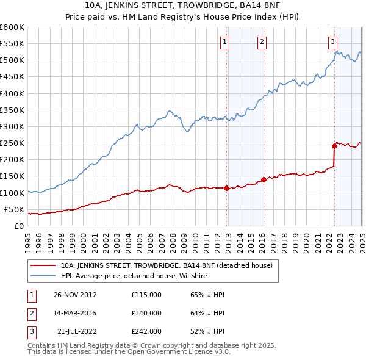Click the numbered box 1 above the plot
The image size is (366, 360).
point(225,42)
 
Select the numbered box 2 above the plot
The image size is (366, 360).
point(261,42)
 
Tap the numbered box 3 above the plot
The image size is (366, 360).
point(332,42)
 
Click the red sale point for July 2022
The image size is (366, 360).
point(334,146)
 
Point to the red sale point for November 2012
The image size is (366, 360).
point(227,188)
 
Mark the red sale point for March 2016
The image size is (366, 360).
point(264,179)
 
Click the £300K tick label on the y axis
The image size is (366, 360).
point(12,126)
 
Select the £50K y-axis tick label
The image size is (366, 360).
point(15,209)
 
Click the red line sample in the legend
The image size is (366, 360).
point(43,265)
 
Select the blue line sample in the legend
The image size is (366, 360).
point(43,276)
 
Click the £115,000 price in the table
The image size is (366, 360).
point(146,295)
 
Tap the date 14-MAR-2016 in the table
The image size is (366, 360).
point(74,313)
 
